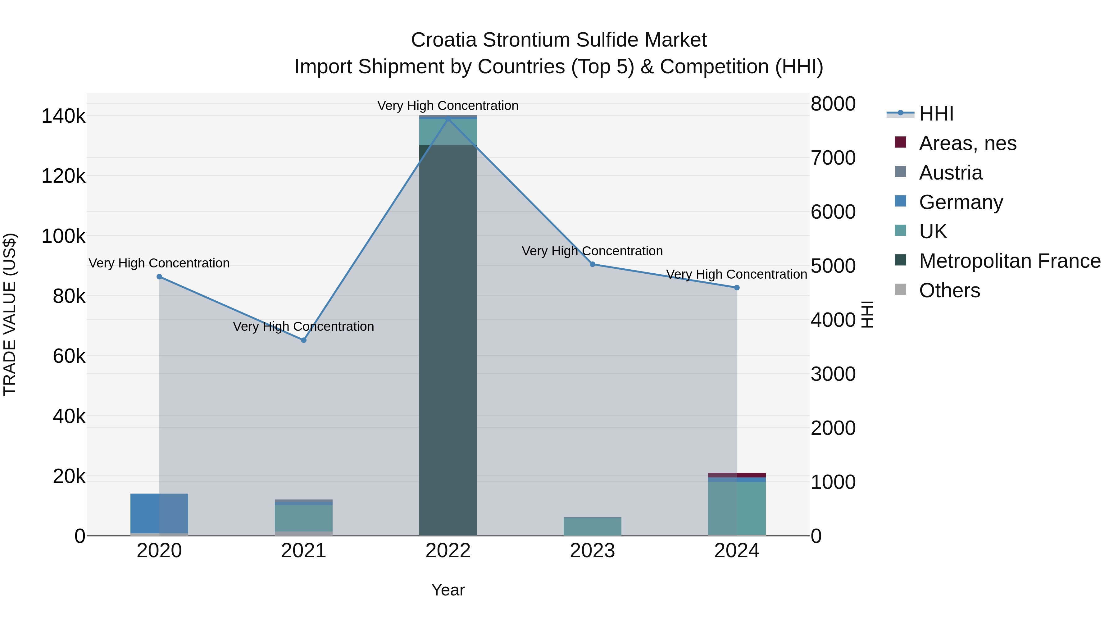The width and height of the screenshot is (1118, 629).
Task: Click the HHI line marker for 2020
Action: (159, 276)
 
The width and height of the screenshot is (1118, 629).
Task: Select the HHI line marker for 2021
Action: (304, 340)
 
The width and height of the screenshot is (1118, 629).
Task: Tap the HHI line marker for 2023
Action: (593, 264)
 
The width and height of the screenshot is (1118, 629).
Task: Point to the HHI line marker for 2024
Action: (737, 287)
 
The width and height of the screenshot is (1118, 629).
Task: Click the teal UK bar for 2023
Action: (593, 526)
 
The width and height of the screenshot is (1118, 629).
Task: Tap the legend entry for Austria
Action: (951, 173)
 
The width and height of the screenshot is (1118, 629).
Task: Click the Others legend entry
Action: (949, 290)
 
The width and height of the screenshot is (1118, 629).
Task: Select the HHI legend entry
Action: (936, 114)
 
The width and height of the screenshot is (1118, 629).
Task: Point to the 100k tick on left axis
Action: (63, 237)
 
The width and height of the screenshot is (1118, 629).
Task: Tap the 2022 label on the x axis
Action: (448, 551)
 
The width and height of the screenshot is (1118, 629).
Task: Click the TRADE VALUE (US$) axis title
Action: (10, 314)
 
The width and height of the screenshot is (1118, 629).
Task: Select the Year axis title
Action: (448, 590)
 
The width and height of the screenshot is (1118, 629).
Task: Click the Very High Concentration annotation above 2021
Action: (303, 326)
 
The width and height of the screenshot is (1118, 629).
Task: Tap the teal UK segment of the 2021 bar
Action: (304, 517)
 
